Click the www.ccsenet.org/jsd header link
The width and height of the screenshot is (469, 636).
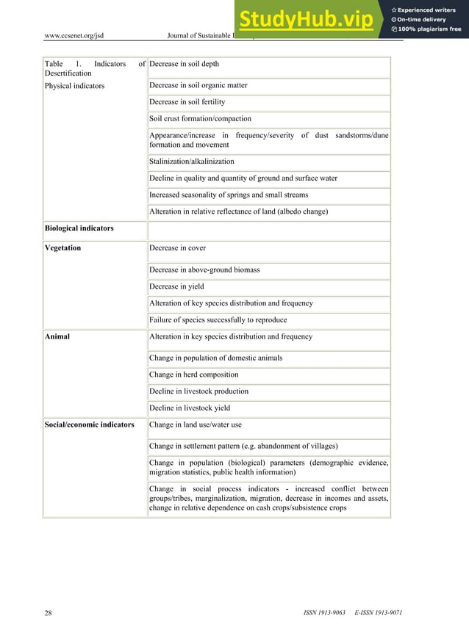coord(74,35)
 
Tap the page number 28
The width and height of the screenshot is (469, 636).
coord(48,612)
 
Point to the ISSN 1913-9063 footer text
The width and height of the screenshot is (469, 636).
coord(324,612)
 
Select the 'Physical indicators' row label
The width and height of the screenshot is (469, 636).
coord(74,86)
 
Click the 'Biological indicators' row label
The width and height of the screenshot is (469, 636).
coord(79,228)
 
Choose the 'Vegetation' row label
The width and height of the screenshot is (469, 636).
coord(62,248)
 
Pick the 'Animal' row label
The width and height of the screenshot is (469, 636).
coord(57,337)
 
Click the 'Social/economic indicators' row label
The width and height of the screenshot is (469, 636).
coord(89,424)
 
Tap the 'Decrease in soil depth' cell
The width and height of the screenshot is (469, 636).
coord(184,65)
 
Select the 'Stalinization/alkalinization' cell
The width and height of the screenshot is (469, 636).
coord(192,162)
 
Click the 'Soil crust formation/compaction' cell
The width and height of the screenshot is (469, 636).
coord(200,119)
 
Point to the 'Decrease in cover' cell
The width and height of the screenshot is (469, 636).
coord(177,248)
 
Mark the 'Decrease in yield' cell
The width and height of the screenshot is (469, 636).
coord(176,287)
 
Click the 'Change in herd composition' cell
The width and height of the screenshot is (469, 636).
coord(193,375)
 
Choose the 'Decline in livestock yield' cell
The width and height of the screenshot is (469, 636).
coord(190,408)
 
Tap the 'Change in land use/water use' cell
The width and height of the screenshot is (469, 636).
coord(195,424)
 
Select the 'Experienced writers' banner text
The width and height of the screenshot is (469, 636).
coord(427,10)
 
